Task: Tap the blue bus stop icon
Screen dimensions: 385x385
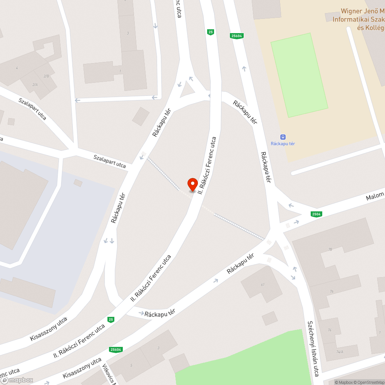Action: coord(283,137)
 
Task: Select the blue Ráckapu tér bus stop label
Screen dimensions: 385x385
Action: coord(283,144)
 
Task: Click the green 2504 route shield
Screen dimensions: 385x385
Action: coord(316,214)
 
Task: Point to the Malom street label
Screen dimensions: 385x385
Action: coord(375,197)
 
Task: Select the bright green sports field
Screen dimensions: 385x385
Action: coord(299,75)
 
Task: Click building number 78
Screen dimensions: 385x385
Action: coord(330,249)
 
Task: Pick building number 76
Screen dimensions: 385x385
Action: coord(331,291)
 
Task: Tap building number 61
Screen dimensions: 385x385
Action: coord(263,285)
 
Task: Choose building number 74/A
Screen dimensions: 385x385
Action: coord(339,352)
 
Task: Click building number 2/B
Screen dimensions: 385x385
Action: coord(46,76)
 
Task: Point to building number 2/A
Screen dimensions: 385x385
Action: coord(35,84)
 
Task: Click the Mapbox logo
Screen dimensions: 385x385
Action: coord(17,380)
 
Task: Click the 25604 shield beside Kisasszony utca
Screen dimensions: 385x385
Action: coord(115,350)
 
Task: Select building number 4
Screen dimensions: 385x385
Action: coord(17,68)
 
